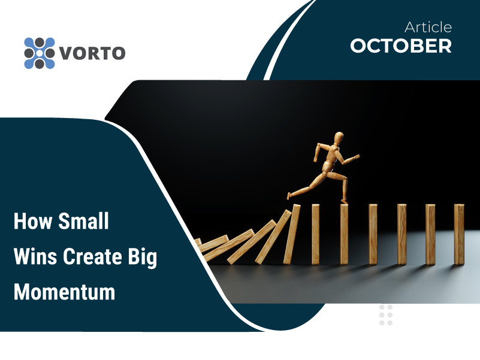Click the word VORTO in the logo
[92, 53]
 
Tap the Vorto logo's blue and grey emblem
[40, 53]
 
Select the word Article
[428, 28]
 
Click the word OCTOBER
[401, 46]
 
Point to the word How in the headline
[33, 220]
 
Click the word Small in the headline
[83, 220]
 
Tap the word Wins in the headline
[35, 256]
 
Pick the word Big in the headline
[143, 257]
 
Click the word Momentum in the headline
[64, 292]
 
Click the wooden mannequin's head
[339, 137]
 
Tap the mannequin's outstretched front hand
[357, 157]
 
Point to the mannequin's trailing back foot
[288, 195]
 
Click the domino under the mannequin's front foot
[345, 234]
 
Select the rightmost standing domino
[459, 234]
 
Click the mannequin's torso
[331, 157]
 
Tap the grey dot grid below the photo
[386, 314]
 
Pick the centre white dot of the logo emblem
[40, 53]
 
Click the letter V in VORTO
[65, 53]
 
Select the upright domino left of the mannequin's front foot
[316, 234]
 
